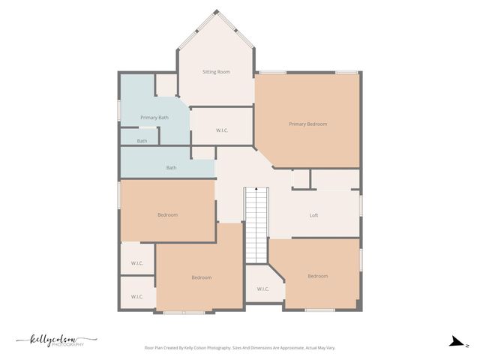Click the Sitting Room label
click(216, 72)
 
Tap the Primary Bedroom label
click(307, 124)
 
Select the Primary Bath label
click(154, 118)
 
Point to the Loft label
click(314, 215)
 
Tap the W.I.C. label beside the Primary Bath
click(222, 130)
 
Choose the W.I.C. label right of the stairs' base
click(263, 289)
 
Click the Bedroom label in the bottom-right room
click(317, 276)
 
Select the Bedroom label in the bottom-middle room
click(201, 277)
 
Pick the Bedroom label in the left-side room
click(167, 215)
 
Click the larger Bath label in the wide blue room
click(171, 167)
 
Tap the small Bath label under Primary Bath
click(142, 141)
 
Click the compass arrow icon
click(455, 342)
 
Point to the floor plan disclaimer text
click(250, 348)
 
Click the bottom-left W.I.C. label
click(137, 297)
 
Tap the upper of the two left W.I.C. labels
click(137, 263)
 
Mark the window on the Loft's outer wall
click(361, 204)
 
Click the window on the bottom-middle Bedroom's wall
click(184, 311)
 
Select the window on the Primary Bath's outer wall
click(120, 110)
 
